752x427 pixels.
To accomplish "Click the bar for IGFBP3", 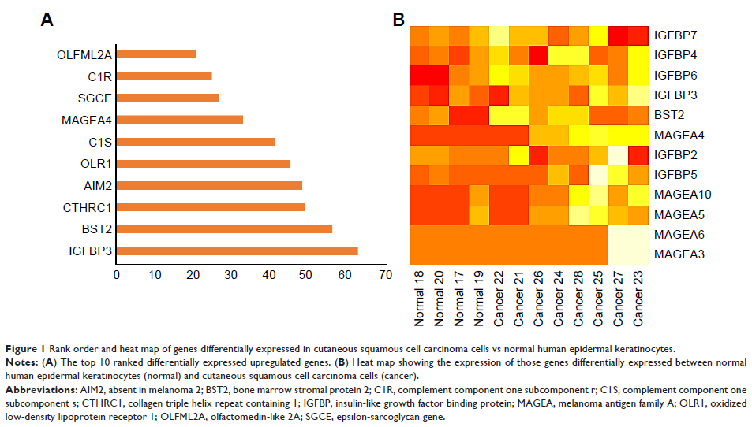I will [237, 251].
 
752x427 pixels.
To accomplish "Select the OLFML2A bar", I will [156, 54].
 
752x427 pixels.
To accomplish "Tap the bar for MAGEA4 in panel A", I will [180, 120].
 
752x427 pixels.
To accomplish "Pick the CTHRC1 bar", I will [211, 207].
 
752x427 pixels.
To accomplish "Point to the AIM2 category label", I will [97, 185].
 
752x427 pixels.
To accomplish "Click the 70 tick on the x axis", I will [384, 275].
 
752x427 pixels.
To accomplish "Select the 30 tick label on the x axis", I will [231, 275].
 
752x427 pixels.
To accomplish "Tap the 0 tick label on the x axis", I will [117, 275].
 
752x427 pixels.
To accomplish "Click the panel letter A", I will [47, 20].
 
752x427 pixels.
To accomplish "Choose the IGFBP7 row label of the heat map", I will [675, 35].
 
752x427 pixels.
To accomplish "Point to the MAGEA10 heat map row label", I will [679, 194].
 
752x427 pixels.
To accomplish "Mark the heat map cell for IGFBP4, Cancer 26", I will [538, 56].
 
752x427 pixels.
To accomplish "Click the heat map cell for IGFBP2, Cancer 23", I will [638, 155].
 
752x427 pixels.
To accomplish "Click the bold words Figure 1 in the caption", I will [24, 347].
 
